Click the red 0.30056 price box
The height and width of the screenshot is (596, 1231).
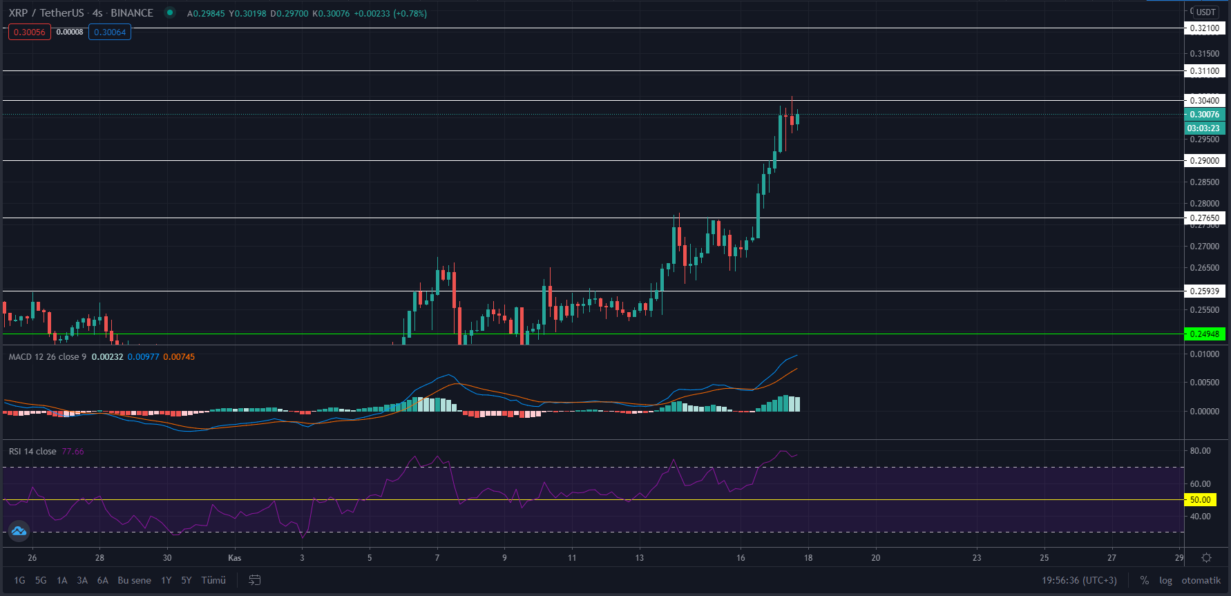(x=29, y=32)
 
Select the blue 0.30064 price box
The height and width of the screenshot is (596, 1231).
(x=110, y=32)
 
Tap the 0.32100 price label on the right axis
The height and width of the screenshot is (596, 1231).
(x=1204, y=28)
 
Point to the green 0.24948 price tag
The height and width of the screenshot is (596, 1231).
(x=1204, y=334)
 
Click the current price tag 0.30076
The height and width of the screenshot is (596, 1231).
(x=1204, y=115)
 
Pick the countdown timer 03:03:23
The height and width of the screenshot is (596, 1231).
(x=1203, y=128)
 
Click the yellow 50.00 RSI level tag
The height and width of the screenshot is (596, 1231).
(x=1201, y=500)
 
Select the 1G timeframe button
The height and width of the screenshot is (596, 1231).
(x=19, y=580)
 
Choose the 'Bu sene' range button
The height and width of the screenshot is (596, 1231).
(x=134, y=580)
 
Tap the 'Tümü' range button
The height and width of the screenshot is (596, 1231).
(x=213, y=580)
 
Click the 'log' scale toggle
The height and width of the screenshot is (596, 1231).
(x=1165, y=580)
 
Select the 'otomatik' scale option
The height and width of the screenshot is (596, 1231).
(x=1201, y=580)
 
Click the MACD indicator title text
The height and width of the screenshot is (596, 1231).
(x=47, y=357)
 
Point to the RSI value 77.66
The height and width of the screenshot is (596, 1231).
(x=73, y=452)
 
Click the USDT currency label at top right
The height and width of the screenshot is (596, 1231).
(x=1206, y=12)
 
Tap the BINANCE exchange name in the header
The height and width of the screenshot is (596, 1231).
(x=132, y=13)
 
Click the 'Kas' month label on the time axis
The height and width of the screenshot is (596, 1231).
(x=234, y=558)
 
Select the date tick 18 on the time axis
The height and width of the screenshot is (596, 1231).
(x=808, y=558)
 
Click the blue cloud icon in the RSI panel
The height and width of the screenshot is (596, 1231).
(x=19, y=531)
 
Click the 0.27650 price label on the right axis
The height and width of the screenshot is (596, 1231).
(x=1204, y=218)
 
